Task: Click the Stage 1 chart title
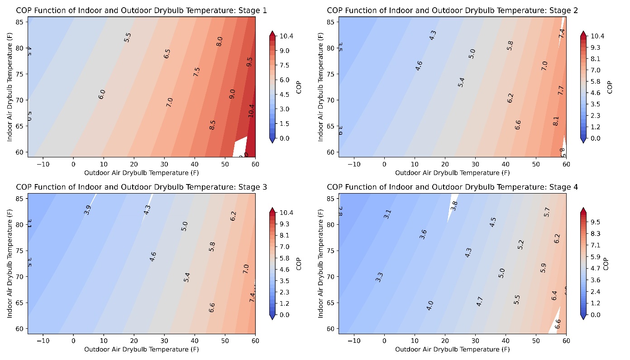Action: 141,10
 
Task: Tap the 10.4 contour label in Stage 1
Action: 252,110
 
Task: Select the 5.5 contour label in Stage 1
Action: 127,38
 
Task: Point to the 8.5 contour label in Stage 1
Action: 212,125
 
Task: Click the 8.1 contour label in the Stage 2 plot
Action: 556,121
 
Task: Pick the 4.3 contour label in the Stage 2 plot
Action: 433,35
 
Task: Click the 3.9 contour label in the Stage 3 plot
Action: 87,210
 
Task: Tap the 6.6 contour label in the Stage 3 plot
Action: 212,308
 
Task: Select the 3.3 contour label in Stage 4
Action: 379,277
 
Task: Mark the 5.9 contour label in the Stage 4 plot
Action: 544,268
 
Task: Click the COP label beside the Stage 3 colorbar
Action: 299,264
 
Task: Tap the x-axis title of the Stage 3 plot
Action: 141,349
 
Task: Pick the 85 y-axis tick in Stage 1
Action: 21,21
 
